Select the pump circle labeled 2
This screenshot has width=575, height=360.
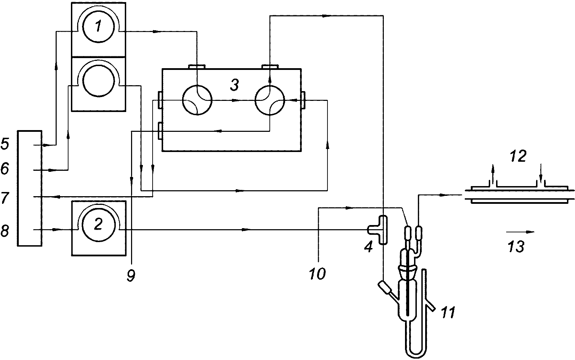pos(98,225)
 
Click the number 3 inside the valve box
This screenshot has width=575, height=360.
pos(234,85)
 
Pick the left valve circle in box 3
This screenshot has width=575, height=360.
pos(197,101)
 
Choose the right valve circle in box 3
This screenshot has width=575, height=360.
pos(269,101)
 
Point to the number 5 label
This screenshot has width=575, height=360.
pos(5,144)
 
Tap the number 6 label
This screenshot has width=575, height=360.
pos(5,169)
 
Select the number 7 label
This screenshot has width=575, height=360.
pos(5,198)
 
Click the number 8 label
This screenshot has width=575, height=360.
pos(5,230)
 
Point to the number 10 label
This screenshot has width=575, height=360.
pos(317,274)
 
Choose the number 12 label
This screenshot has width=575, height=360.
pos(518,156)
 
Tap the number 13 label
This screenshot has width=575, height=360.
pos(516,247)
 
